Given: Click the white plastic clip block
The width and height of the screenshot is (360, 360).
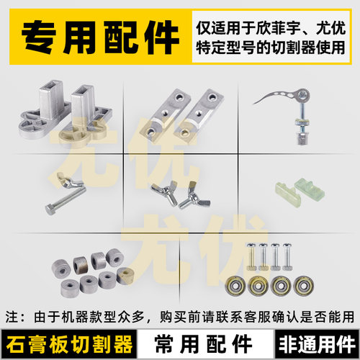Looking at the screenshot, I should pyautogui.click(x=310, y=191).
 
